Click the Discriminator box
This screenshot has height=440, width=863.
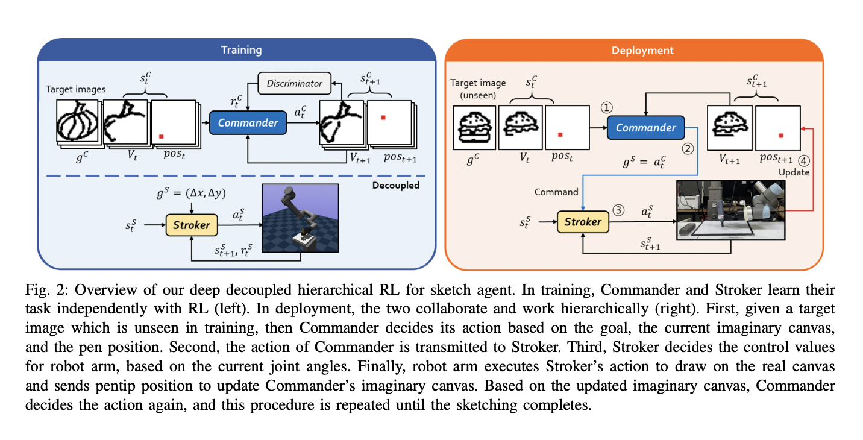[x=294, y=83]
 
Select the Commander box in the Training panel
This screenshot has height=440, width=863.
[x=248, y=122]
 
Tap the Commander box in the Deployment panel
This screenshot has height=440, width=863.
[x=645, y=128]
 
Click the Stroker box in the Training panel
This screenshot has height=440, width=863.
[x=192, y=225]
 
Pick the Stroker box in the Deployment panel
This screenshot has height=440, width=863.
[x=583, y=222]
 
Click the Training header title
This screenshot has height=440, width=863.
[x=241, y=50]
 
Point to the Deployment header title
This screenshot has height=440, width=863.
[x=642, y=51]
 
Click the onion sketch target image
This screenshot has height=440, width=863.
[x=77, y=121]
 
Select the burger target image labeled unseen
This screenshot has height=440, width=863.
[x=474, y=128]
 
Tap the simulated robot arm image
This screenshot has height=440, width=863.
[x=301, y=218]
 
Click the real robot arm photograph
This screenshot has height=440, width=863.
[x=731, y=210]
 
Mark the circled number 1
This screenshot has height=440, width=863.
[x=607, y=107]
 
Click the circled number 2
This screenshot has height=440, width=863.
[x=688, y=149]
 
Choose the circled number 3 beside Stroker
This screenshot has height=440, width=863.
[x=618, y=210]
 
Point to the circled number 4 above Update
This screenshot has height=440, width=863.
[x=804, y=161]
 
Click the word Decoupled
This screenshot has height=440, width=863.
[x=396, y=185]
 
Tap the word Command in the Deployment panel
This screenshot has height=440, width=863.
[x=556, y=192]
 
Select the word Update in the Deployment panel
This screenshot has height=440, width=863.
[x=794, y=172]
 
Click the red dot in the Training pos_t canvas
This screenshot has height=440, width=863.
[x=162, y=136]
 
